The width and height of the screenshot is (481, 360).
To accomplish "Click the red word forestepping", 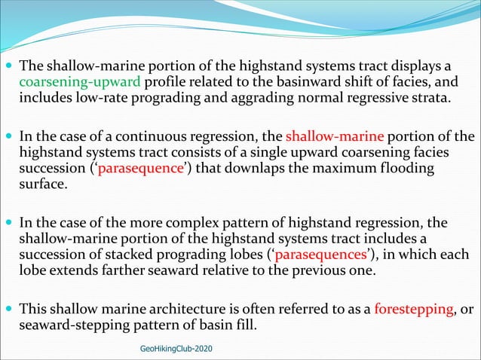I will coord(413,308).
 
